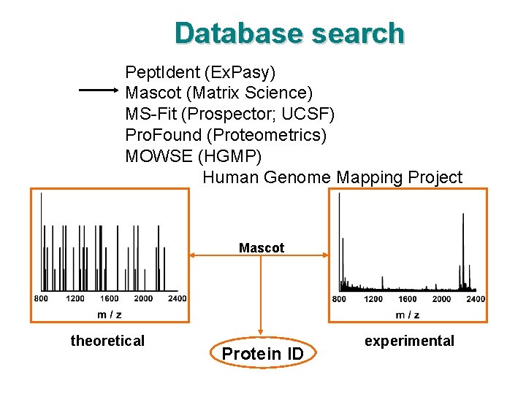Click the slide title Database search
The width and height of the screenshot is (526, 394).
(x=289, y=34)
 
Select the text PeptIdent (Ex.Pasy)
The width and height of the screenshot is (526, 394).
(x=200, y=72)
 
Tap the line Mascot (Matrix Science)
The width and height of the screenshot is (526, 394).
(x=218, y=93)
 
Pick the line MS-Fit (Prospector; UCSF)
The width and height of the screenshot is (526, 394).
(x=229, y=115)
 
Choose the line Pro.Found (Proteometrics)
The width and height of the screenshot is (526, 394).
(x=226, y=136)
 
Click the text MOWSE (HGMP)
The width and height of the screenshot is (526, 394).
(x=193, y=156)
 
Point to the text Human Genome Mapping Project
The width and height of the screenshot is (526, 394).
(x=332, y=177)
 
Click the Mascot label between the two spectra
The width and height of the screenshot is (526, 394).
(x=262, y=248)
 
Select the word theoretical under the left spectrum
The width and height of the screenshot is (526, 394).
(x=107, y=341)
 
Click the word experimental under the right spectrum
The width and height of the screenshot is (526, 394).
(x=409, y=341)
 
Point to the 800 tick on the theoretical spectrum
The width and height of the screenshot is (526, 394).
(x=41, y=298)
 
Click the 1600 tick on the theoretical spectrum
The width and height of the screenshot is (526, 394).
(x=110, y=298)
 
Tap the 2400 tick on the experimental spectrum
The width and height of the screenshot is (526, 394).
(x=475, y=299)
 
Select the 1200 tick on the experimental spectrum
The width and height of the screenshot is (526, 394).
(x=373, y=299)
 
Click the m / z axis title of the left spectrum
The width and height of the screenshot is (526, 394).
(x=110, y=314)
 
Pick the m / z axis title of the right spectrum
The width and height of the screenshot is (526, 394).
(x=408, y=315)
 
